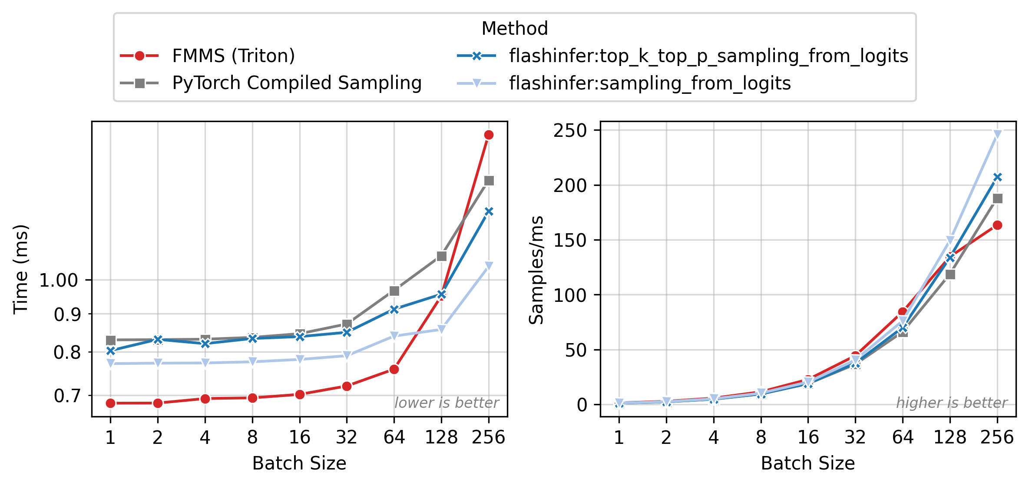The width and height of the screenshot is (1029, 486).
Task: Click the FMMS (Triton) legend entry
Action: point(233,56)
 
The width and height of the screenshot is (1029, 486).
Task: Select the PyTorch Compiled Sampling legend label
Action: point(297,83)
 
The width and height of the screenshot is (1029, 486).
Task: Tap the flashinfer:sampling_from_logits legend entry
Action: point(649,83)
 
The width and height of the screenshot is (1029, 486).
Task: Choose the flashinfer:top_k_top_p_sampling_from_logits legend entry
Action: point(708,56)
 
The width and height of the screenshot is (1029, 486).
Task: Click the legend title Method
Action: point(515,29)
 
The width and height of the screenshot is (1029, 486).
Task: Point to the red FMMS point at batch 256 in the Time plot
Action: point(489,135)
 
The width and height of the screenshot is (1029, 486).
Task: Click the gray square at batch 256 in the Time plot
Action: point(489,181)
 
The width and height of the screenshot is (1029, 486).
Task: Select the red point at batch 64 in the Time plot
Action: point(394,370)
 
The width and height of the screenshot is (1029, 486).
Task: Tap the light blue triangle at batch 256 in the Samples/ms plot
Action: point(997,135)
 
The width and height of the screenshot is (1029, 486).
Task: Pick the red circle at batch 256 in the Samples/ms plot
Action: point(997,225)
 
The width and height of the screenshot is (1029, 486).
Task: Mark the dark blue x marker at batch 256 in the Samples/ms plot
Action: point(997,177)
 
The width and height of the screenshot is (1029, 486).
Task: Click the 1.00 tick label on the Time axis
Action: point(59,281)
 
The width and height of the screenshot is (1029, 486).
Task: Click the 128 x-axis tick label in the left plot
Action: point(441,437)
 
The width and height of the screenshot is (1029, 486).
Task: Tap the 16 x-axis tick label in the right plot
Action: point(808,437)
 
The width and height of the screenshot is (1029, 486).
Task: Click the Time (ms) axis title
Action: point(21,269)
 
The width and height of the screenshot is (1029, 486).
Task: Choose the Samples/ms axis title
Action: point(536,269)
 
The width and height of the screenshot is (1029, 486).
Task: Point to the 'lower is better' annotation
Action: point(447,403)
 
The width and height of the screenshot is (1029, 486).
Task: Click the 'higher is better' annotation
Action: point(952,403)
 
